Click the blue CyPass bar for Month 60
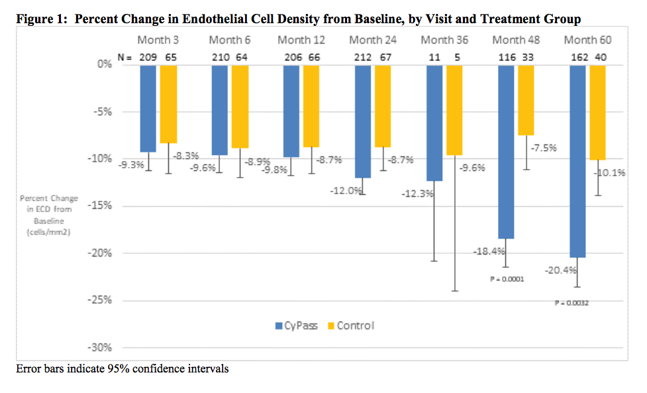point(577,160)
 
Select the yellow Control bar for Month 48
point(526,99)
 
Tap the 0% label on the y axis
point(105,64)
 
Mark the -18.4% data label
point(489,252)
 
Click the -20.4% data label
point(561,270)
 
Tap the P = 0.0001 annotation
point(507,279)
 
